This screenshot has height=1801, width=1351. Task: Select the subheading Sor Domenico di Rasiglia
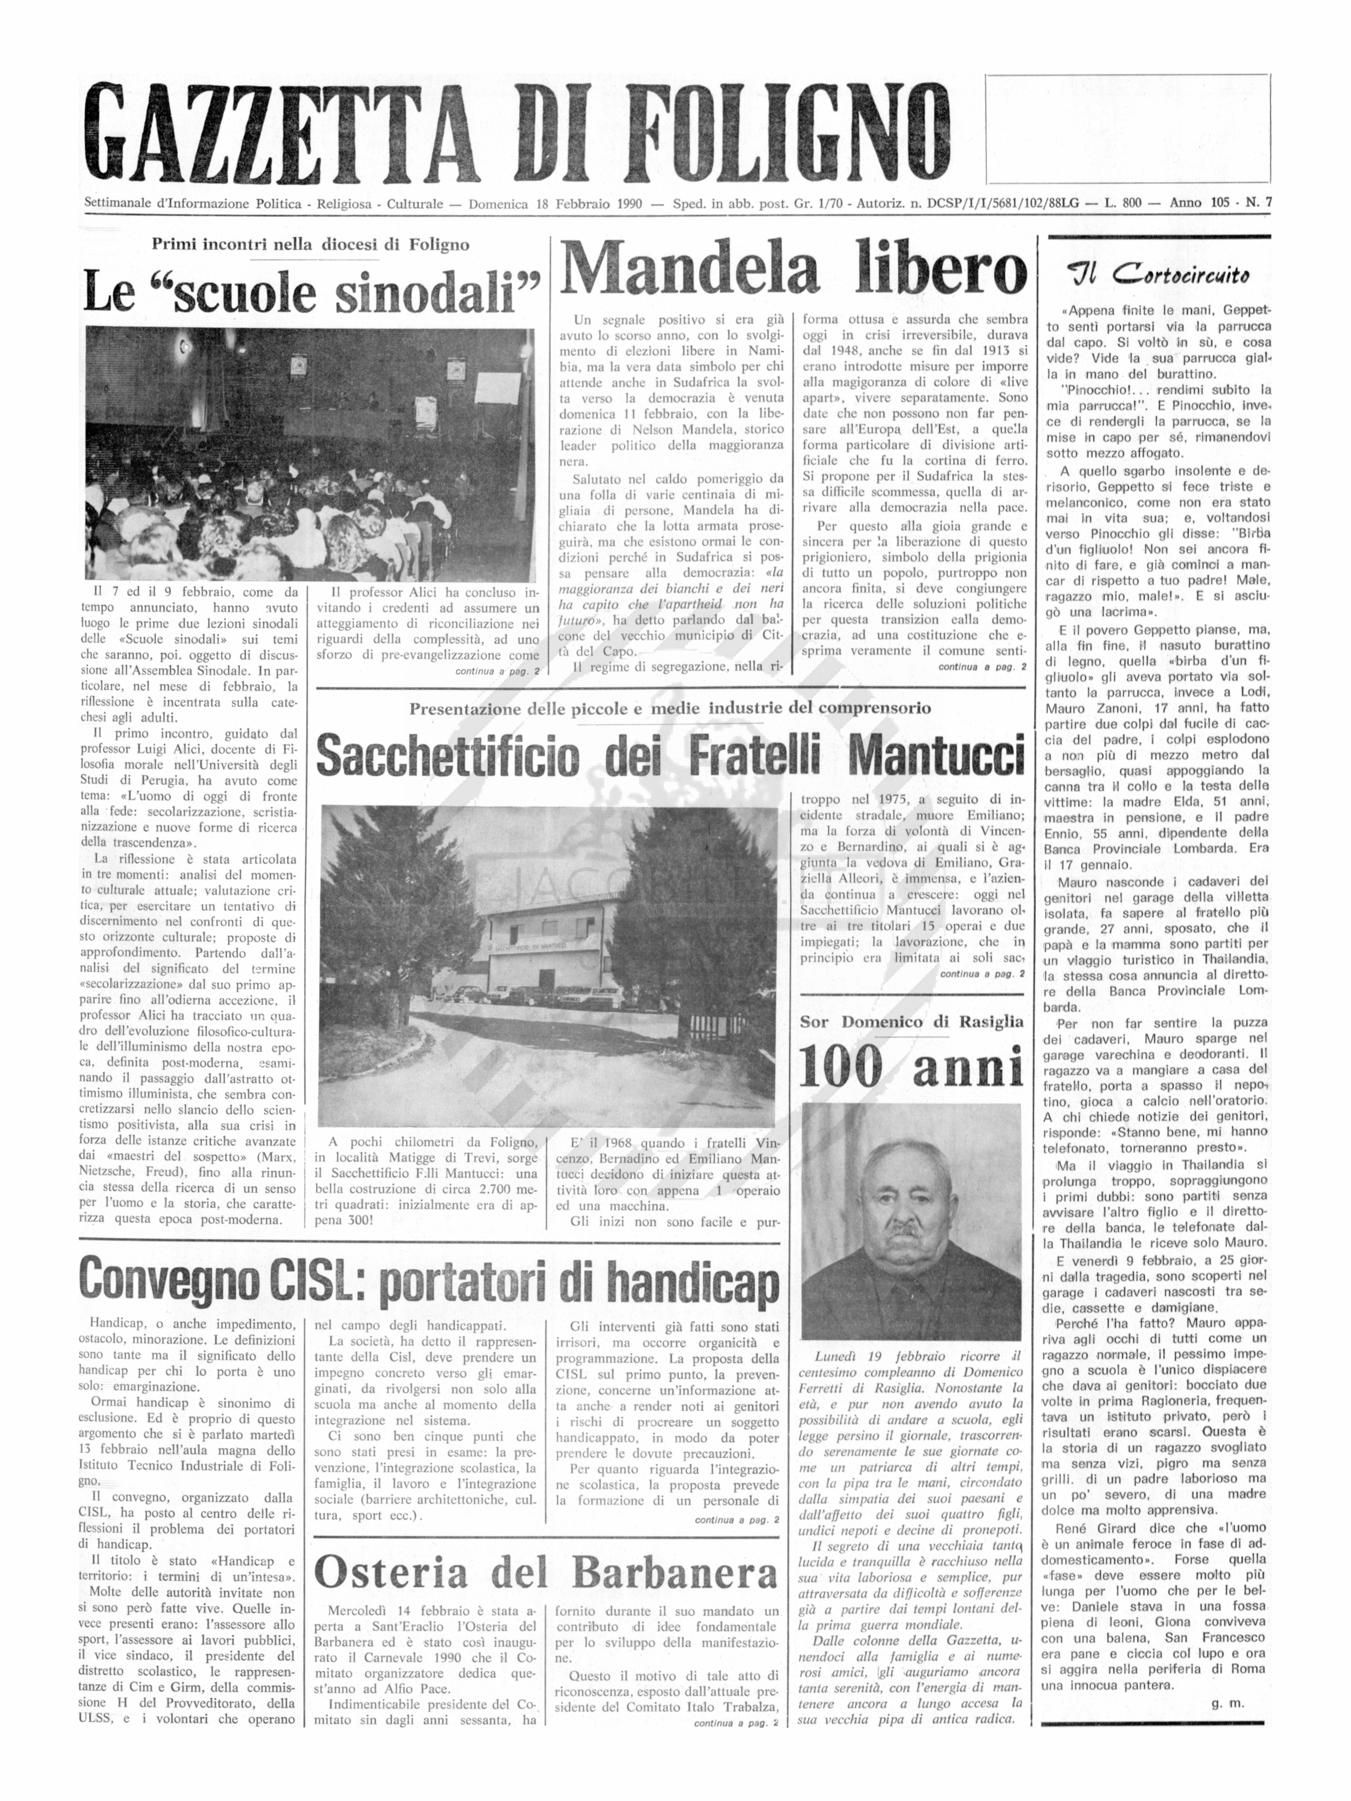click(911, 1022)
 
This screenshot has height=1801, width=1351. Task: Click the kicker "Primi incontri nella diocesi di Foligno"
click(310, 244)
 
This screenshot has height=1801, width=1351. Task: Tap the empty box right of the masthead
click(1128, 129)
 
